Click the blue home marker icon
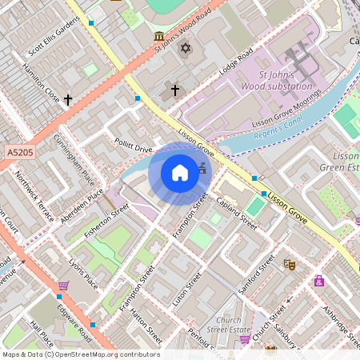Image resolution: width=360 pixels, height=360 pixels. (180, 173)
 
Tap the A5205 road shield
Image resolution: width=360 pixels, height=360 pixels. (22, 150)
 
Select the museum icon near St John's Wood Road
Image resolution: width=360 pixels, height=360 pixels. (159, 37)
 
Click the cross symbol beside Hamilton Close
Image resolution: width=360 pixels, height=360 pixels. (68, 100)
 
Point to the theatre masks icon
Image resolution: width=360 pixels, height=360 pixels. (290, 262)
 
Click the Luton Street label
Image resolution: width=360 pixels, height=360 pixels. (193, 290)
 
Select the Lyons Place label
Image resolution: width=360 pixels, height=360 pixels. (83, 272)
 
